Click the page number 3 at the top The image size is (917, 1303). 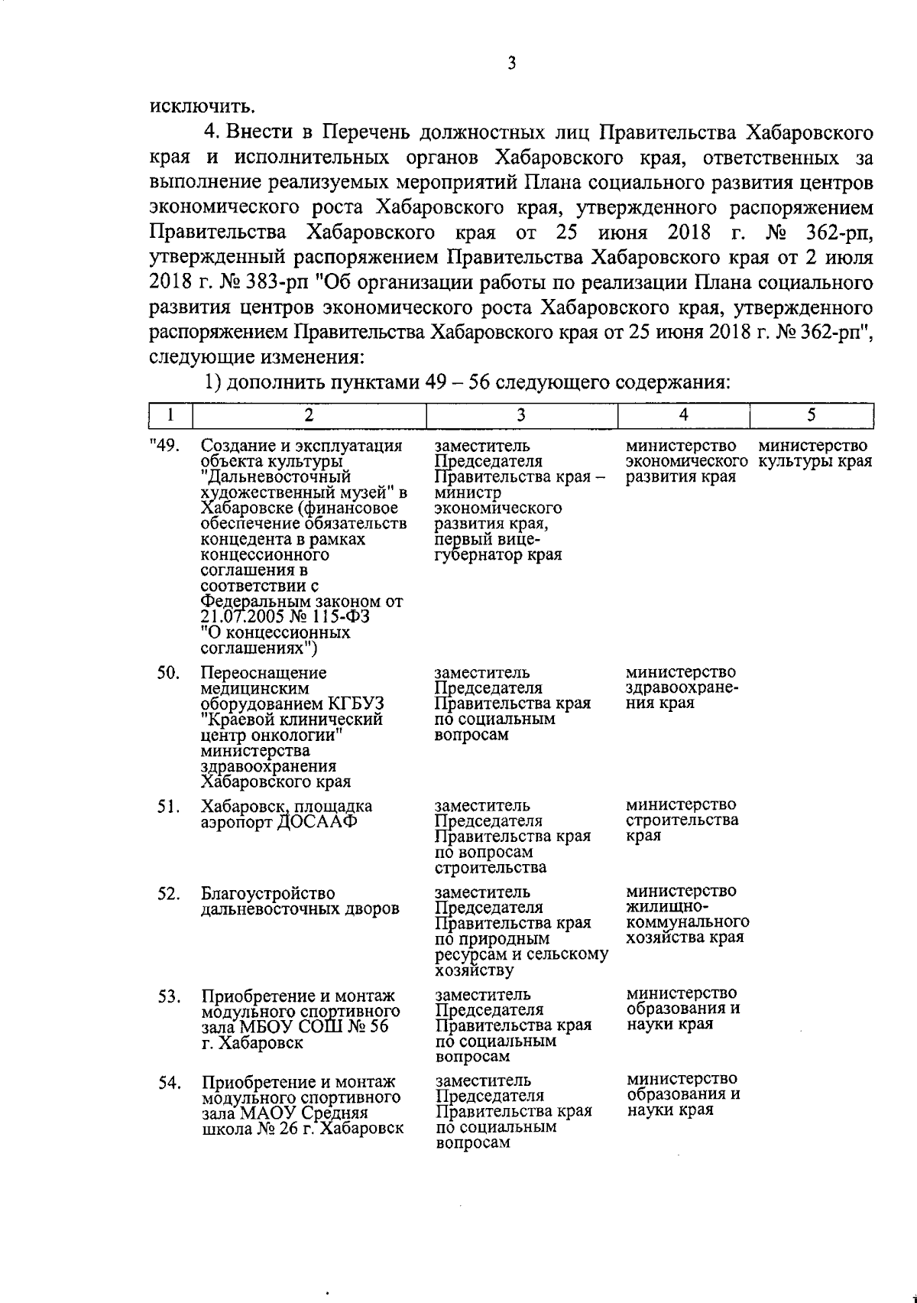pyautogui.click(x=511, y=63)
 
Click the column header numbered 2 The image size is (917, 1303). pyautogui.click(x=309, y=414)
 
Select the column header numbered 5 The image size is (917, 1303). pyautogui.click(x=812, y=414)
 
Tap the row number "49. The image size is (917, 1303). pyautogui.click(x=164, y=446)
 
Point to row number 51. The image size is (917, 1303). pyautogui.click(x=168, y=806)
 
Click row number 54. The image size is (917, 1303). pyautogui.click(x=168, y=1082)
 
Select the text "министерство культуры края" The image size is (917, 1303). pyautogui.click(x=814, y=454)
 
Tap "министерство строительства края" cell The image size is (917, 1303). pyautogui.click(x=682, y=820)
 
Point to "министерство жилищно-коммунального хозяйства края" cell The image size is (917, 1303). pyautogui.click(x=686, y=915)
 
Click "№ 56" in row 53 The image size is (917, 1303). pyautogui.click(x=368, y=1027)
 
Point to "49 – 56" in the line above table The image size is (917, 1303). pyautogui.click(x=455, y=382)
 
